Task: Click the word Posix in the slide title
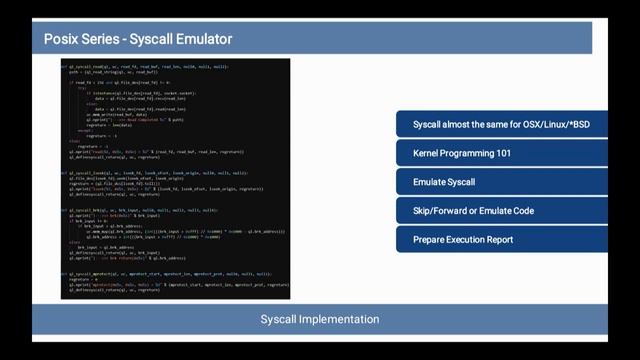(61, 40)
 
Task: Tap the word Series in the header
(105, 40)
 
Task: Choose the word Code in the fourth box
(521, 211)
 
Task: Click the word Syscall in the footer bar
(280, 320)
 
